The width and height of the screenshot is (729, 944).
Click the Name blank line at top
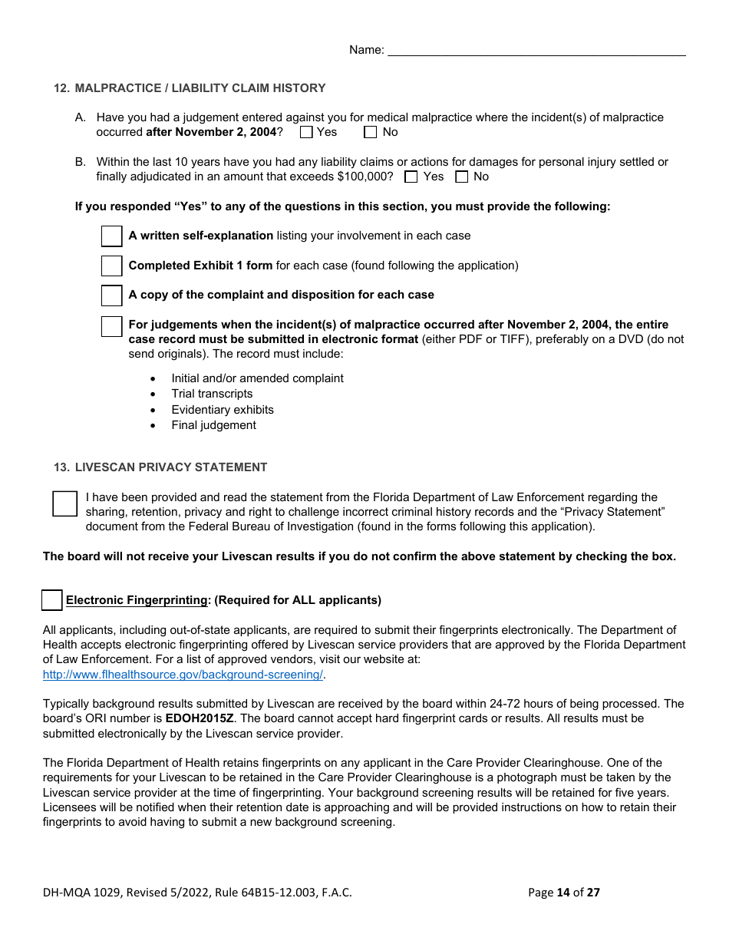coord(536,51)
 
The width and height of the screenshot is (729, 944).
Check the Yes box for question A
coord(306,132)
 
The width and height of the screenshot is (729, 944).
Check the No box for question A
coord(371,132)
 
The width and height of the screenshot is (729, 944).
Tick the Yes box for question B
coord(411,177)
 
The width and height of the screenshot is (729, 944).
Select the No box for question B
coord(462,177)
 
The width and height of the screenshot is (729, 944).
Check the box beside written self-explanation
coord(112,236)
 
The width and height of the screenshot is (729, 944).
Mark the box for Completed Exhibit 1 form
coord(112,266)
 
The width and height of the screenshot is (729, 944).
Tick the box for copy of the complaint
coord(112,295)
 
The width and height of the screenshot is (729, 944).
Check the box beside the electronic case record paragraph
coord(112,326)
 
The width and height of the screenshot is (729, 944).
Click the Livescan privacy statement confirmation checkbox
coord(65,503)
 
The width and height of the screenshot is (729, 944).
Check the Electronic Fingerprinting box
coord(52,600)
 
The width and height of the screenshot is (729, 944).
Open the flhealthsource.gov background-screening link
coord(183,675)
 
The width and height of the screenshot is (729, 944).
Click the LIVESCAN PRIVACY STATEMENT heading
coord(171,467)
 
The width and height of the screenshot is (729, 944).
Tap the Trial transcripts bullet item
coord(212,394)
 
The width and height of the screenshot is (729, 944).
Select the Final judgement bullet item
coord(213,425)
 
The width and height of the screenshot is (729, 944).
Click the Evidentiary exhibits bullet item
coord(223,410)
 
